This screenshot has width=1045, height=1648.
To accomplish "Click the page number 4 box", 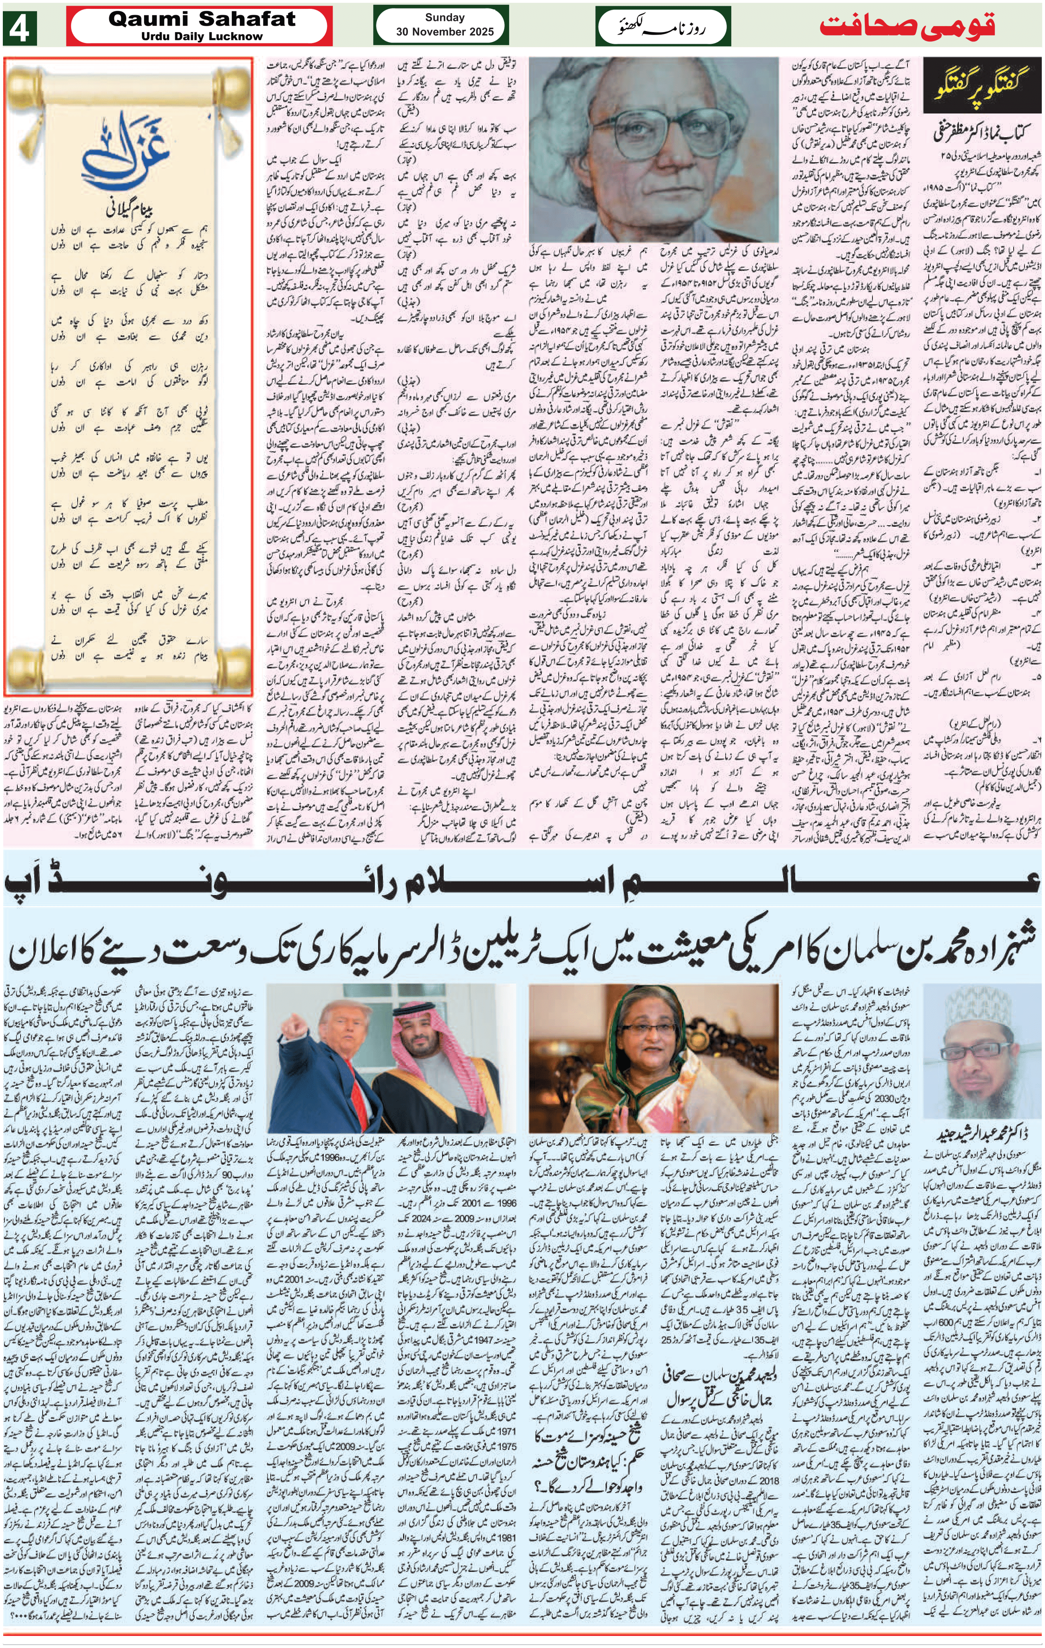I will pos(19,27).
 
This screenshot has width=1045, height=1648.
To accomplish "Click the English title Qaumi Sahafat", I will pos(202,19).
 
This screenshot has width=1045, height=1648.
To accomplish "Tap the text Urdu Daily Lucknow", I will pos(202,36).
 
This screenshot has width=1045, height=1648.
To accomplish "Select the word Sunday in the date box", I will pos(444,17).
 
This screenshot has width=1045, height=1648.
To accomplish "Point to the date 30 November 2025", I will pos(444,31).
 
